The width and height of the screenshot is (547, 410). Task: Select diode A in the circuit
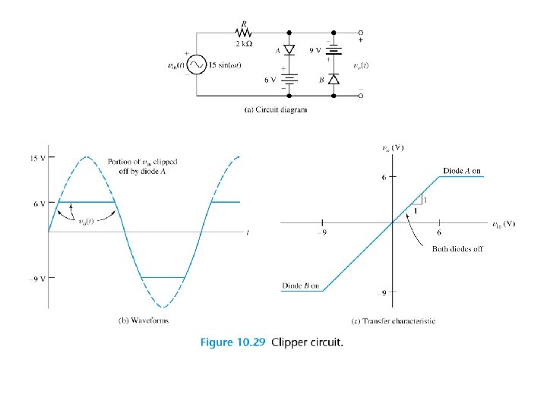289,50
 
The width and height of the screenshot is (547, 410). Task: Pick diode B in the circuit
334,79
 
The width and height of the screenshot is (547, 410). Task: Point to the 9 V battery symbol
334,50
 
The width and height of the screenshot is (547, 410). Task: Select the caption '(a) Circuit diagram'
275,110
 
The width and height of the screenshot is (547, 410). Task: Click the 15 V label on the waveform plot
36,158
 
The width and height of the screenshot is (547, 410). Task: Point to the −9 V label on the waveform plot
35,278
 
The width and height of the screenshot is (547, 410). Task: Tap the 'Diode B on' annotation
300,285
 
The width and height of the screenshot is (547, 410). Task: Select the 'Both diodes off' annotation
457,249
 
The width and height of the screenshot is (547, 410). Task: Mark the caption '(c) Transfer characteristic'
394,321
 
